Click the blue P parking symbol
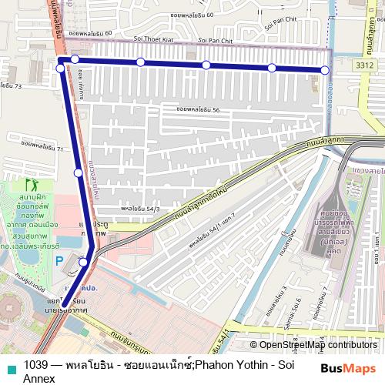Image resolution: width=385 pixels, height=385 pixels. pos(59,261)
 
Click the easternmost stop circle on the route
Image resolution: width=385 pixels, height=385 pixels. pos(325,70)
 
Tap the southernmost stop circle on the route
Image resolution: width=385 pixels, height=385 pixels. pos(84,262)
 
